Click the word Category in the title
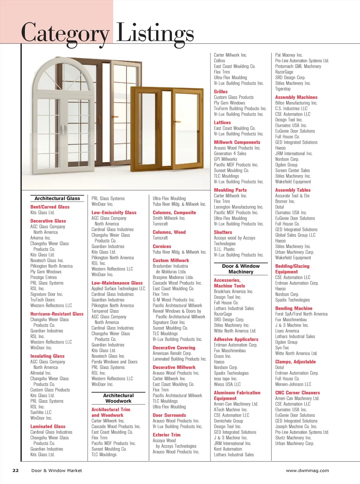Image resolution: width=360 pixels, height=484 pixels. [65, 33]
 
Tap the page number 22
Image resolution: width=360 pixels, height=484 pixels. [15, 470]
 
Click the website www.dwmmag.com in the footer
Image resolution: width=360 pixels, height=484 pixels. [307, 470]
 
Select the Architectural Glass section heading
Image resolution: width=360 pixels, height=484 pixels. [57, 198]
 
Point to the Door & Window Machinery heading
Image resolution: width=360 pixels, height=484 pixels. [241, 269]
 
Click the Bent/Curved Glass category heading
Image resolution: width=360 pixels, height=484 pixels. [50, 207]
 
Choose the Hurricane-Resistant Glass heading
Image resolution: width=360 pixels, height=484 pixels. [57, 314]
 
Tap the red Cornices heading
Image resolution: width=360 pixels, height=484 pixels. [162, 246]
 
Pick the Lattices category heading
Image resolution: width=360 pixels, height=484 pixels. [222, 122]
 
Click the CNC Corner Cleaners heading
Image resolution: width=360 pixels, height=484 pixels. [297, 393]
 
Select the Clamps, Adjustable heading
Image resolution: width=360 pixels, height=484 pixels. [295, 362]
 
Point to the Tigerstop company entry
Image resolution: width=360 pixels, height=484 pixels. [283, 89]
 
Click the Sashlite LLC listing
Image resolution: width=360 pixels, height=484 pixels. [41, 412]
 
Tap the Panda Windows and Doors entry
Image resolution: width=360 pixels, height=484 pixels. [114, 362]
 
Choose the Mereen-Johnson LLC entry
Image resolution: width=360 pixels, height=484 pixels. [293, 384]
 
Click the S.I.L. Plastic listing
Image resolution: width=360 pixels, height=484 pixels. [224, 249]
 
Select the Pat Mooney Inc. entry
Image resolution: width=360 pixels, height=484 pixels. [289, 55]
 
